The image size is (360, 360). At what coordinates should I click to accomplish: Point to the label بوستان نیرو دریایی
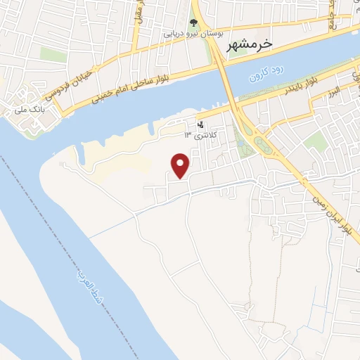(194, 33)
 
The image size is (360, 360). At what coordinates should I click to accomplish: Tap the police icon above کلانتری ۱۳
(201, 124)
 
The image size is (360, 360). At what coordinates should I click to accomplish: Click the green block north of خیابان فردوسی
(52, 54)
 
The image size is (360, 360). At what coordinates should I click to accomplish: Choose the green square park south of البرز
(316, 141)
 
